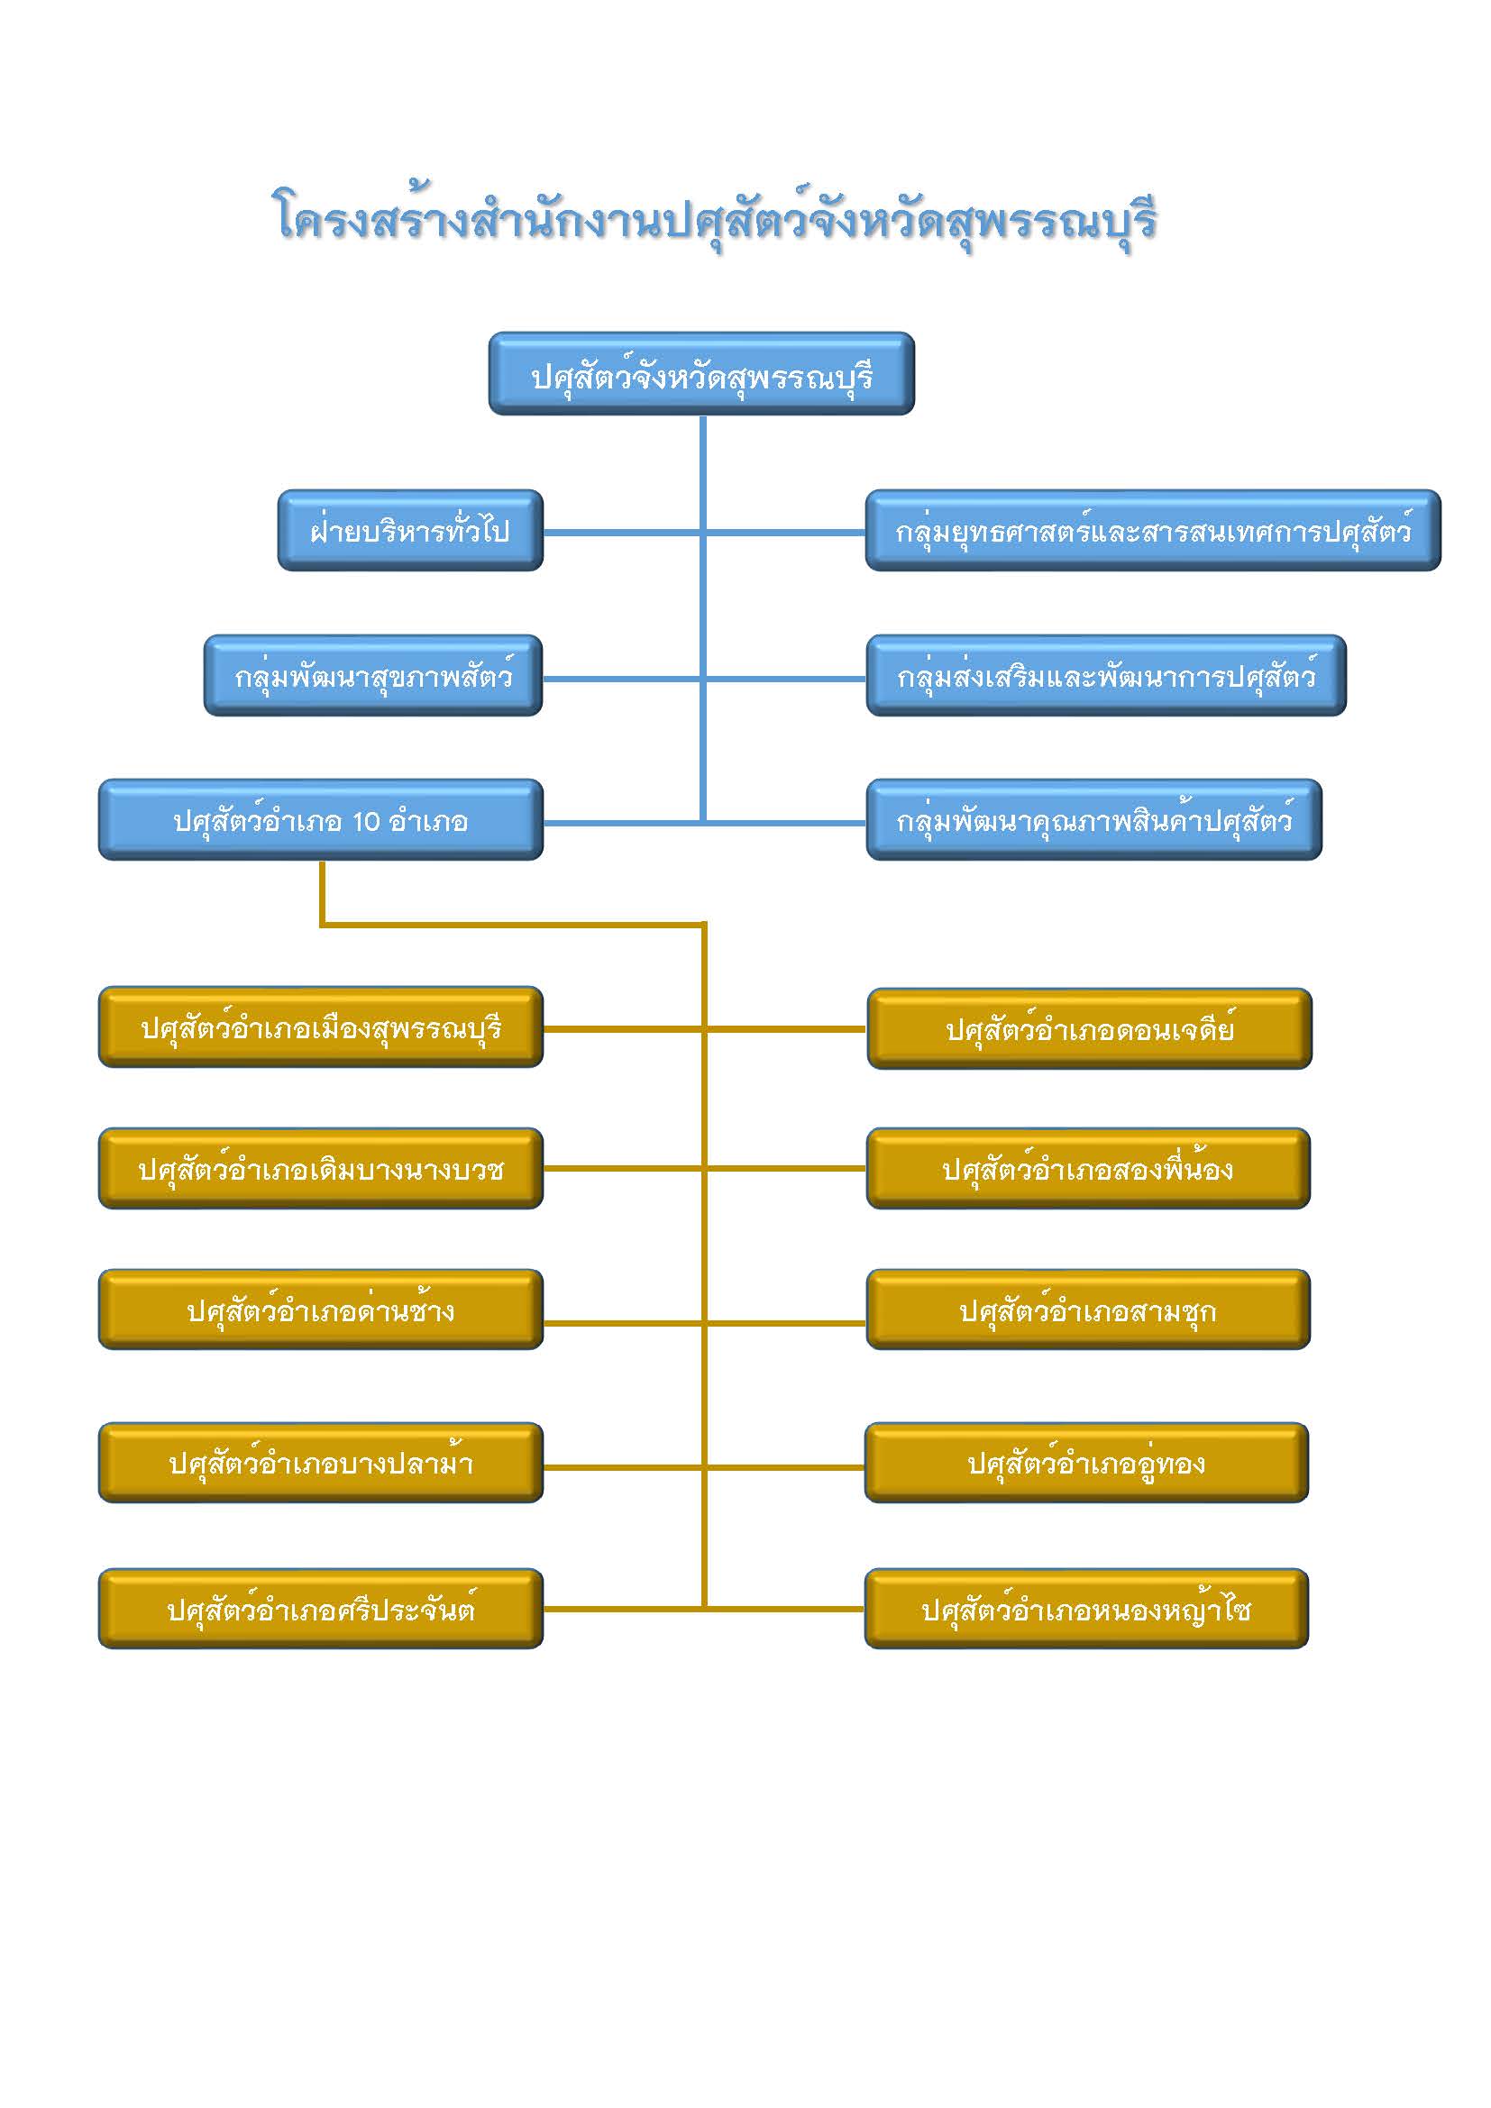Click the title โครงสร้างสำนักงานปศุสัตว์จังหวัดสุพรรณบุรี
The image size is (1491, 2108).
[x=716, y=220]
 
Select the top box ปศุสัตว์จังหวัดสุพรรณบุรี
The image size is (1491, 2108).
[x=701, y=375]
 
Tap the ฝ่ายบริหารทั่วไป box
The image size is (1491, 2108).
[x=410, y=531]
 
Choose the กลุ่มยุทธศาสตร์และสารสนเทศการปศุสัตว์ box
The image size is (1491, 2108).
[x=1152, y=531]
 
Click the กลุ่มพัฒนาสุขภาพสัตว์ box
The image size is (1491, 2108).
[x=373, y=676]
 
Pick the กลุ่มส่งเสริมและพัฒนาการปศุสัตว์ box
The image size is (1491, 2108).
[x=1105, y=676]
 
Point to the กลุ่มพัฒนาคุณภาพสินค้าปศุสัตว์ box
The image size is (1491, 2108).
[x=1093, y=820]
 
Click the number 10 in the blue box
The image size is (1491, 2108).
[x=365, y=821]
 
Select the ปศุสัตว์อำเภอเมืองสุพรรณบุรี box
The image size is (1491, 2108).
[x=320, y=1027]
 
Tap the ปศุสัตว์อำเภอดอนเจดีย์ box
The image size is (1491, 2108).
[x=1089, y=1029]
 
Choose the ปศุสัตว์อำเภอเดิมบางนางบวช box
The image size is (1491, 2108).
[x=320, y=1169]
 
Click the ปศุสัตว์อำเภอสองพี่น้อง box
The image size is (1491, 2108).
[x=1088, y=1169]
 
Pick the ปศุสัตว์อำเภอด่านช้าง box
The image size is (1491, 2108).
[x=320, y=1310]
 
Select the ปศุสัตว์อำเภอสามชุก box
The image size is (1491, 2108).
[x=1088, y=1310]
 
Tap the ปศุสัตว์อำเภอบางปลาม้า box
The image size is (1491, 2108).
[x=320, y=1463]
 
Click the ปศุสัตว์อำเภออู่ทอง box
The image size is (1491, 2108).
[x=1086, y=1463]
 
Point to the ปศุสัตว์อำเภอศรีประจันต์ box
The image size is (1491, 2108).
[x=320, y=1609]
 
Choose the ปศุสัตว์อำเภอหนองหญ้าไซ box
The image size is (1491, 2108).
[x=1086, y=1609]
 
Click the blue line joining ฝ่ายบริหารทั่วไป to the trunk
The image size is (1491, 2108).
[x=619, y=532]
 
